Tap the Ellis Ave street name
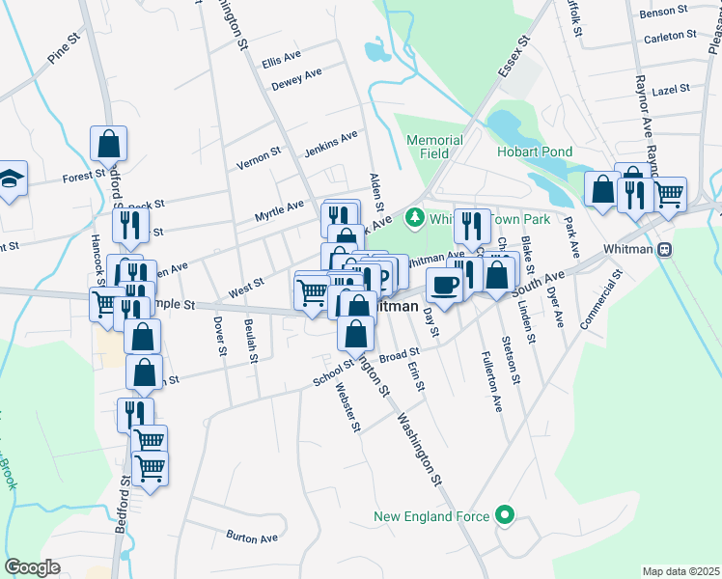(x=284, y=59)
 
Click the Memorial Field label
(x=434, y=147)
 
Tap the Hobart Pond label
(x=534, y=152)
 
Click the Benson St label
(x=664, y=12)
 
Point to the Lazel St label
(x=670, y=88)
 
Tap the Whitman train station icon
(x=664, y=249)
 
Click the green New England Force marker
(x=502, y=515)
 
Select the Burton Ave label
(x=252, y=537)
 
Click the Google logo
(x=32, y=567)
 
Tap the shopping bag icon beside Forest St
(x=109, y=143)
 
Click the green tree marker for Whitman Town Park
(x=415, y=216)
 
